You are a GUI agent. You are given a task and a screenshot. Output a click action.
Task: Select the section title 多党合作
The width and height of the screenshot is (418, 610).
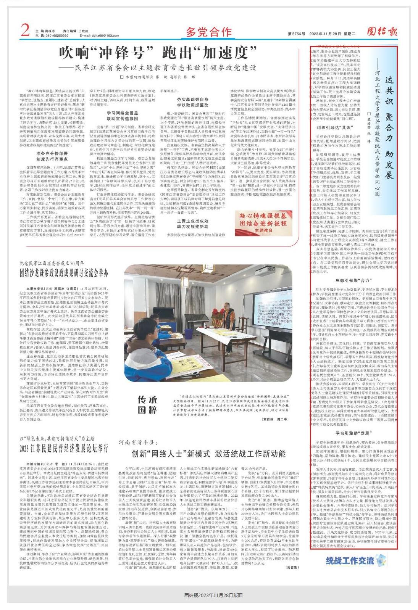(209, 31)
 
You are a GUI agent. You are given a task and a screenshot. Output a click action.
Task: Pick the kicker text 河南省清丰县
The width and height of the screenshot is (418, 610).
(138, 442)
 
